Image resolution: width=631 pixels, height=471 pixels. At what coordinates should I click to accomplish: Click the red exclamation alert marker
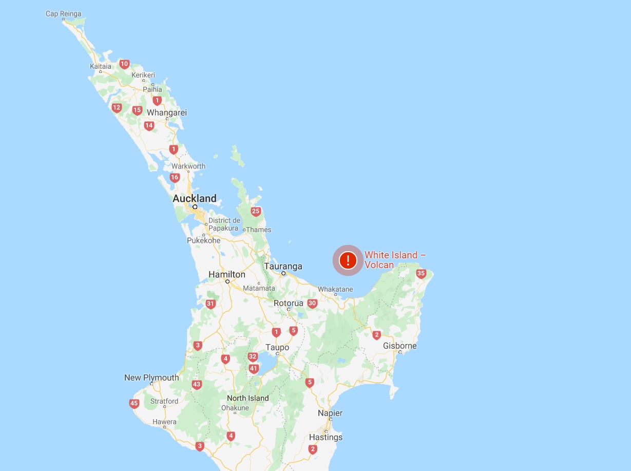click(348, 260)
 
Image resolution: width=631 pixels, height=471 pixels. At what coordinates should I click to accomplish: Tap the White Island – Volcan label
click(394, 260)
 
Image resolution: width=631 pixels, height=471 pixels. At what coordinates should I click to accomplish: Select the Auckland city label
click(195, 198)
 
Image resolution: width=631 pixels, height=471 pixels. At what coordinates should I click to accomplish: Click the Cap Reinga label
click(63, 14)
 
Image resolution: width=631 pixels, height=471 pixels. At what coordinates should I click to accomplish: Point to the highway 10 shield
click(124, 64)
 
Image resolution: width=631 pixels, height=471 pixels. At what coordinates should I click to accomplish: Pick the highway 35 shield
click(422, 274)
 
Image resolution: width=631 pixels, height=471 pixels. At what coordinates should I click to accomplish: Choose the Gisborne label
click(399, 346)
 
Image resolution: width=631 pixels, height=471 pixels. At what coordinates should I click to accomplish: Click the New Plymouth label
click(151, 378)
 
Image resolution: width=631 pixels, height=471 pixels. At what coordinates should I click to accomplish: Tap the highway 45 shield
click(134, 404)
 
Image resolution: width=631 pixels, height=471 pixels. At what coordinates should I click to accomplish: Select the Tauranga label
click(283, 267)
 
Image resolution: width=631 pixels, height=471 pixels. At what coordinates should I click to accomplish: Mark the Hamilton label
click(227, 275)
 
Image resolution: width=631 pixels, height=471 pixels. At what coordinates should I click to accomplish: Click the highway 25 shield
click(256, 211)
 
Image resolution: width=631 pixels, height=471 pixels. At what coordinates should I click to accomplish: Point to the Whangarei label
click(167, 112)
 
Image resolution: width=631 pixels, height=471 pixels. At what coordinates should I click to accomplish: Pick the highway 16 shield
click(175, 178)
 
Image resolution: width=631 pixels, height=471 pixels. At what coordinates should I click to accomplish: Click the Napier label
click(330, 413)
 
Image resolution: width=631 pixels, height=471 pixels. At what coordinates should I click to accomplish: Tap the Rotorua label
click(289, 303)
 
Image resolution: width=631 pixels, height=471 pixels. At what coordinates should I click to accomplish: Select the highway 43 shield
click(197, 384)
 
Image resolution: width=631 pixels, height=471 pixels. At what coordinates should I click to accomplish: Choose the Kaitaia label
click(100, 66)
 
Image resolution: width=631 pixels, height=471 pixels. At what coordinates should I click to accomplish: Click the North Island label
click(248, 398)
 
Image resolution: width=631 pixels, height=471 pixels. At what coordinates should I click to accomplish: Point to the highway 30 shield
click(312, 304)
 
